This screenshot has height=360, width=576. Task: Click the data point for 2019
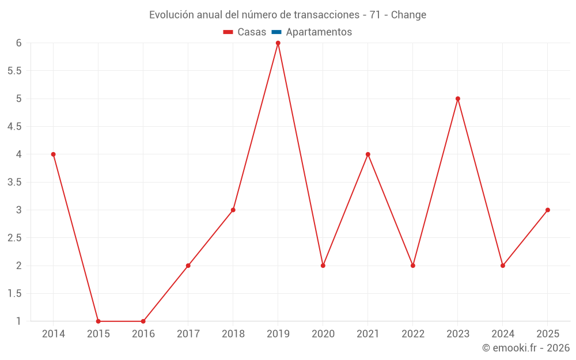point(278,43)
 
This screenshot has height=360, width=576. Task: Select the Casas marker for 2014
point(54,154)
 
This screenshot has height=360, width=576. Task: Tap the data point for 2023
point(458,98)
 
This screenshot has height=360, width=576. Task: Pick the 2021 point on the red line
point(368,154)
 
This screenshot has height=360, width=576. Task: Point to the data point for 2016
point(143,321)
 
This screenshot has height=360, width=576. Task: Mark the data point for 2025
point(548,210)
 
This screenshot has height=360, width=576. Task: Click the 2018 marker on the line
point(233,210)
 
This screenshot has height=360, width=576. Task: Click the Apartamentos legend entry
point(319,32)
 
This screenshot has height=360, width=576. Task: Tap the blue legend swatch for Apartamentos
point(276,32)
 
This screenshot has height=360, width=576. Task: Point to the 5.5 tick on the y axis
point(14,71)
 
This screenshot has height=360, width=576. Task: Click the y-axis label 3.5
point(14,183)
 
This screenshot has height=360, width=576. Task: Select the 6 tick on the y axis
point(18,43)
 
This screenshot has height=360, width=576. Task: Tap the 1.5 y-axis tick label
point(14,294)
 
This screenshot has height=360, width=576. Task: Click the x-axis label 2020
point(323,334)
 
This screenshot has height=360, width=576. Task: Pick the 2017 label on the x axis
point(188,334)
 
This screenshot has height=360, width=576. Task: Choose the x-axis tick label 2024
point(503,334)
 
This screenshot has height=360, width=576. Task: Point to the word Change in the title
point(408,15)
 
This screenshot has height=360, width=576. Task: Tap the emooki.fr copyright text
point(525,348)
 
